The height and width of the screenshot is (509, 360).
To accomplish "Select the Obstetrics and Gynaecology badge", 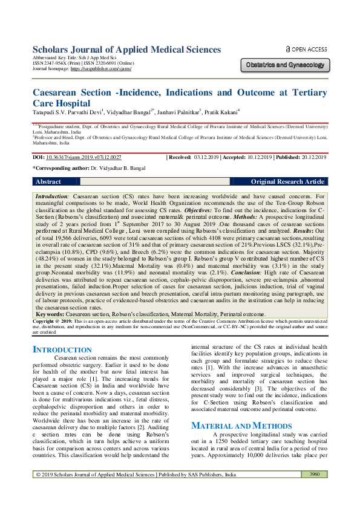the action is [285, 64].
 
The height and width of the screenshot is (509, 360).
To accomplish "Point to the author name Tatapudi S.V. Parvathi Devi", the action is [67, 112].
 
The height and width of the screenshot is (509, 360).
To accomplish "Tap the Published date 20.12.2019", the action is [312, 157].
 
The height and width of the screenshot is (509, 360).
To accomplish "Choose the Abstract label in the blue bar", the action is [48, 181].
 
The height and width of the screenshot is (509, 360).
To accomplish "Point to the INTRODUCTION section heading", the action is [62, 350].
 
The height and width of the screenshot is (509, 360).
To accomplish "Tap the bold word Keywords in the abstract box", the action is [50, 314].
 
